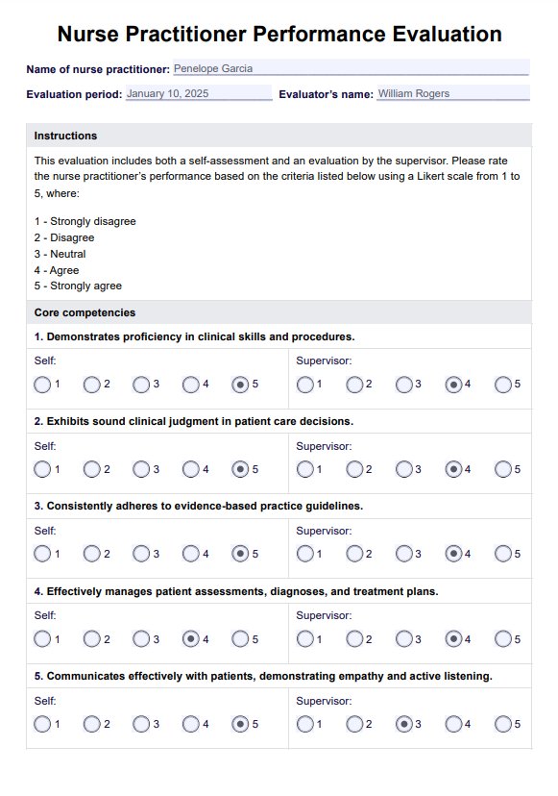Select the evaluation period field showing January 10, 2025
pyautogui.click(x=199, y=94)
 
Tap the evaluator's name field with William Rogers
pyautogui.click(x=451, y=94)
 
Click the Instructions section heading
pyautogui.click(x=65, y=137)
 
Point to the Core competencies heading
pyautogui.click(x=85, y=313)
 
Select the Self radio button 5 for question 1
pyautogui.click(x=240, y=385)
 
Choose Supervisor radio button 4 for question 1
pyautogui.click(x=453, y=385)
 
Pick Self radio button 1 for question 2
pyautogui.click(x=42, y=469)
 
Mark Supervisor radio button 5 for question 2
pyautogui.click(x=503, y=469)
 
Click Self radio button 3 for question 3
pyautogui.click(x=141, y=554)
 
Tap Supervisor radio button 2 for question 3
pyautogui.click(x=354, y=554)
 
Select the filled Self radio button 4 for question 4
pyautogui.click(x=191, y=638)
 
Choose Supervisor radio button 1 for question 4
pyautogui.click(x=305, y=638)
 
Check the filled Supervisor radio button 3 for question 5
pyautogui.click(x=404, y=723)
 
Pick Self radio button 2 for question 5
pyautogui.click(x=91, y=723)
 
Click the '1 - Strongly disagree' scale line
pyautogui.click(x=85, y=221)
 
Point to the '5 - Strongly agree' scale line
pyautogui.click(x=78, y=286)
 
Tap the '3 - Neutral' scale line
pyautogui.click(x=60, y=254)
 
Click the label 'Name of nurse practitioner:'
pyautogui.click(x=97, y=70)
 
